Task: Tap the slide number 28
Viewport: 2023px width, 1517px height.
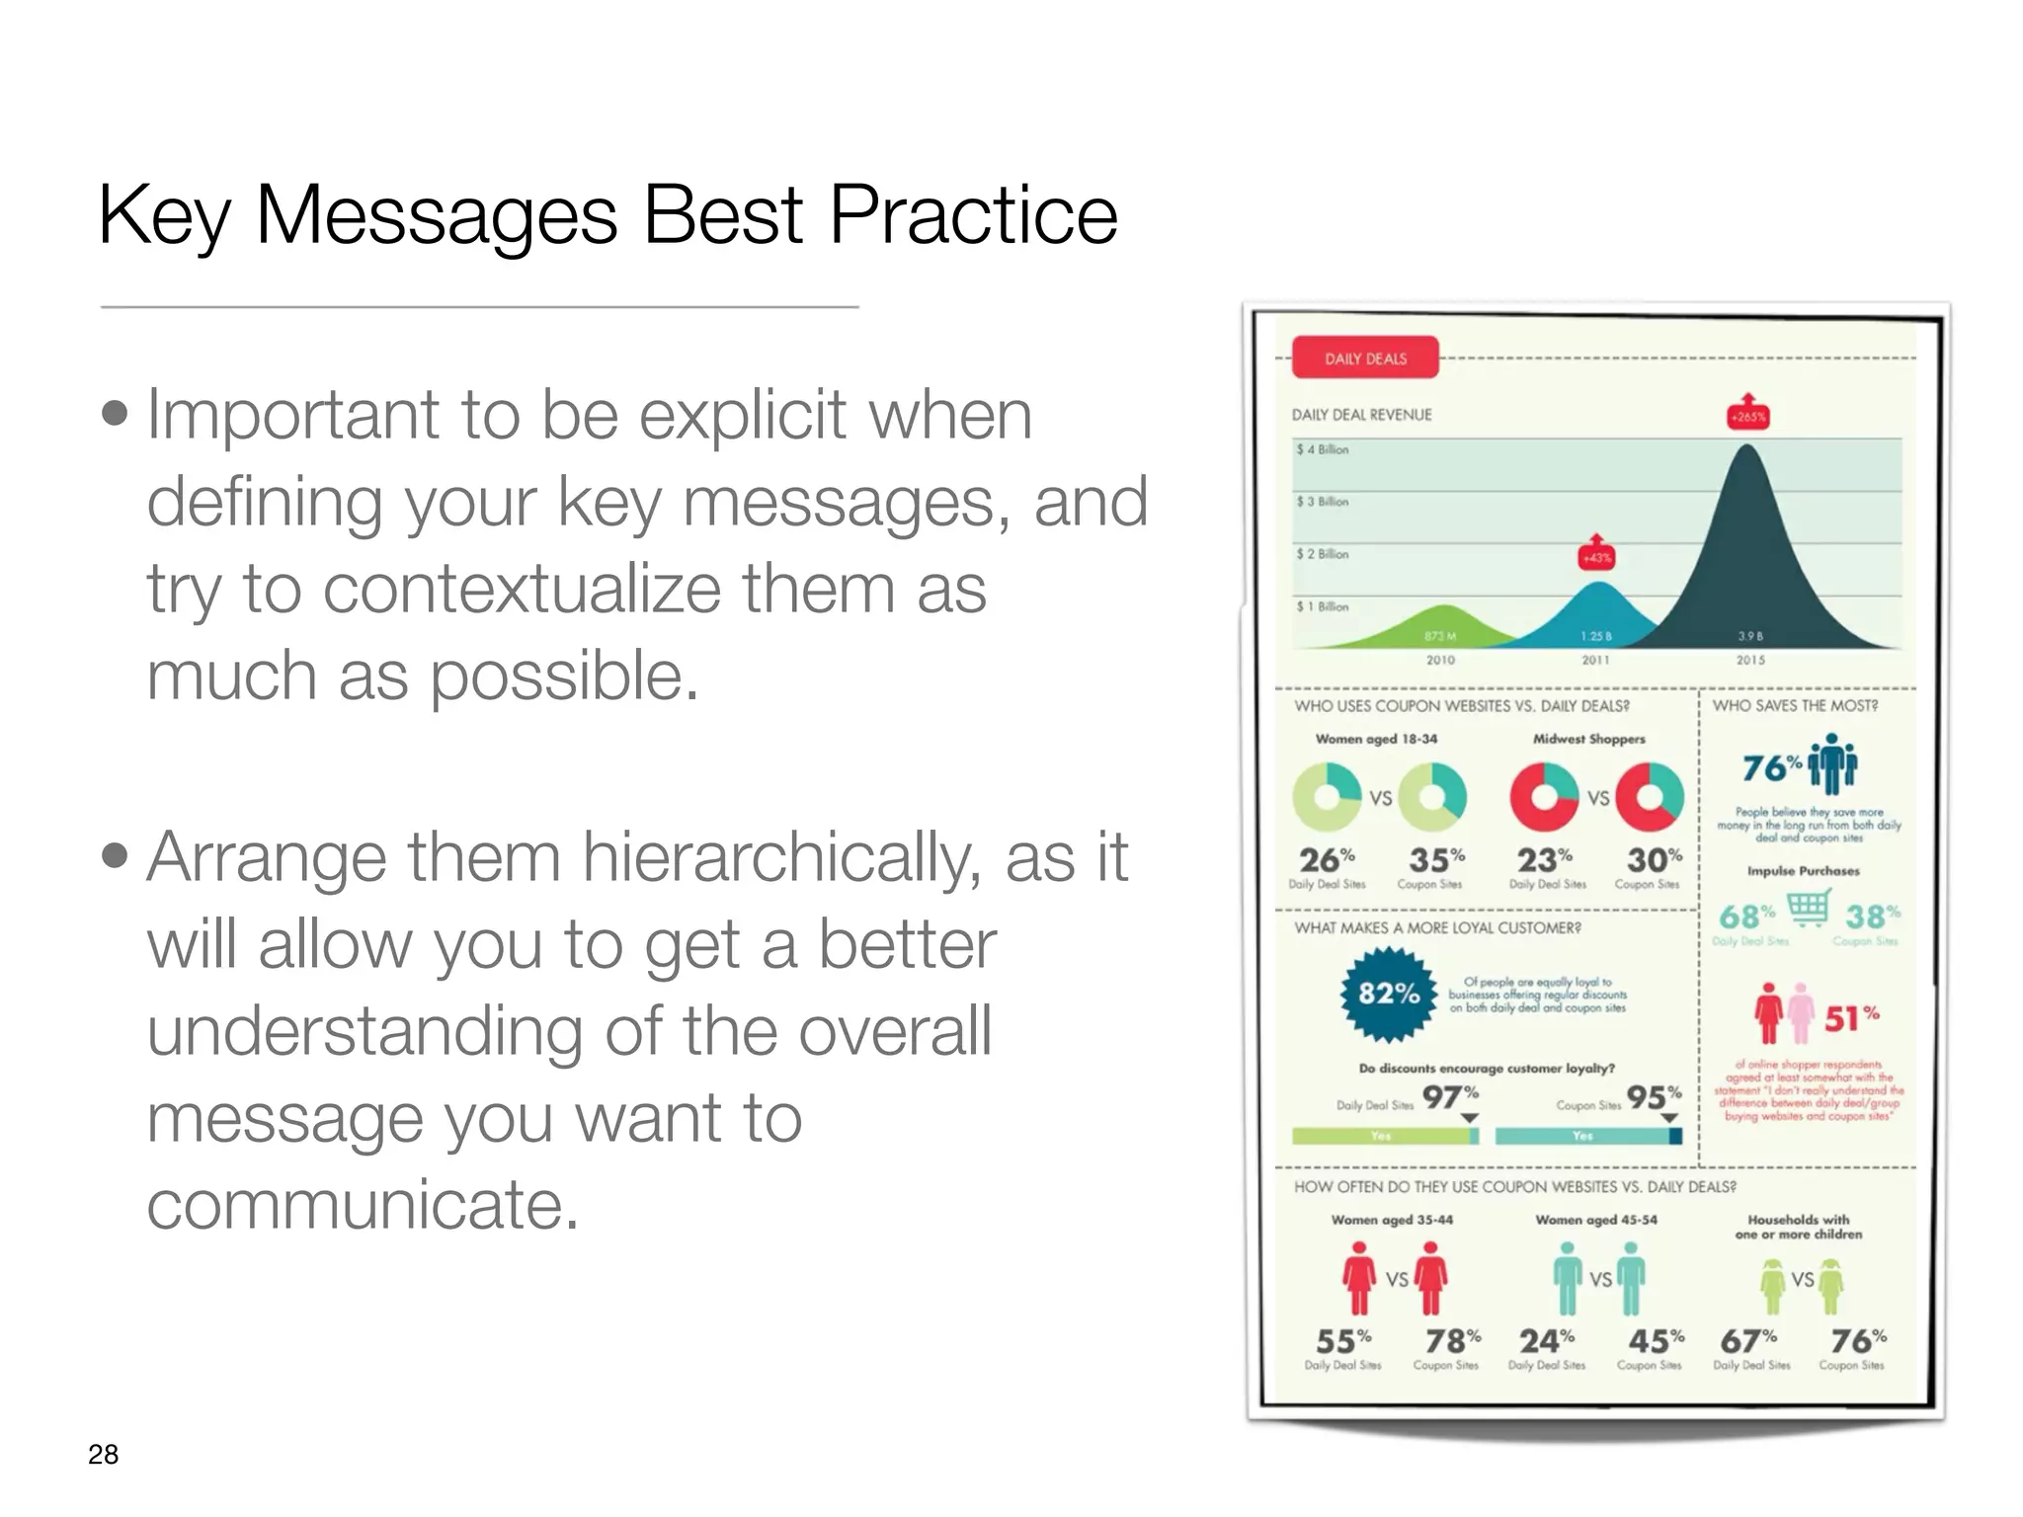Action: point(103,1454)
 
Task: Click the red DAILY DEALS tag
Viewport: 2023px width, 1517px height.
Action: point(1365,359)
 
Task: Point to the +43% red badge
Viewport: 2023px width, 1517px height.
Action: point(1596,556)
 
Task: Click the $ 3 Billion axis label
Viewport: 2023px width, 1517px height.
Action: point(1323,502)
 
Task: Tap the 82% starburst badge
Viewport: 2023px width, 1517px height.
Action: point(1389,994)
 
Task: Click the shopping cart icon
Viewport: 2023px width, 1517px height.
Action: point(1808,908)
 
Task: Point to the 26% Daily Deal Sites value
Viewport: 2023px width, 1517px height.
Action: point(1326,858)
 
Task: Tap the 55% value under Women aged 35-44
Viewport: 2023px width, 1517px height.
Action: point(1341,1341)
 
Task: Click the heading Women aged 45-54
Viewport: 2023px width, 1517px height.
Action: point(1595,1220)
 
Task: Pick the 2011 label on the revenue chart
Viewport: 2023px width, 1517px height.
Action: point(1595,660)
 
